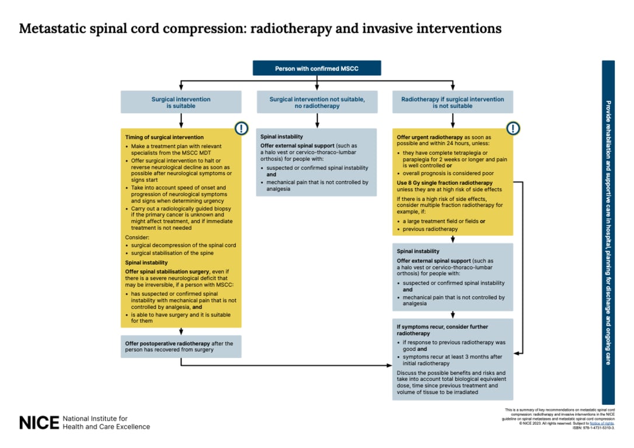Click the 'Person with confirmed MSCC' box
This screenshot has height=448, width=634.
click(x=316, y=68)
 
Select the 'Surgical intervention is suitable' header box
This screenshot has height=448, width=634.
click(x=181, y=102)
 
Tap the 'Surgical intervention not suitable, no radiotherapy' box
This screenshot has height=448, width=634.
click(x=317, y=102)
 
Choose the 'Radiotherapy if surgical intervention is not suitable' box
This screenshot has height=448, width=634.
click(x=452, y=102)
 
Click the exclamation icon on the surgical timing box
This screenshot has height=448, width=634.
click(x=241, y=128)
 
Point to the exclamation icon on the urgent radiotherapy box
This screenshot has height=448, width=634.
click(x=513, y=128)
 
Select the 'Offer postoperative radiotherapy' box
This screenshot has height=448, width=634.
click(x=181, y=346)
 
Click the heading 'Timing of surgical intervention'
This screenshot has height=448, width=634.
click(x=164, y=138)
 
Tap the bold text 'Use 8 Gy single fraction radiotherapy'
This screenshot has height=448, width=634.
click(x=437, y=183)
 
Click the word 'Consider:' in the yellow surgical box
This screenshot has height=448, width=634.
click(x=138, y=237)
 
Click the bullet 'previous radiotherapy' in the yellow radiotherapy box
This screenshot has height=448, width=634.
click(x=430, y=229)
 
